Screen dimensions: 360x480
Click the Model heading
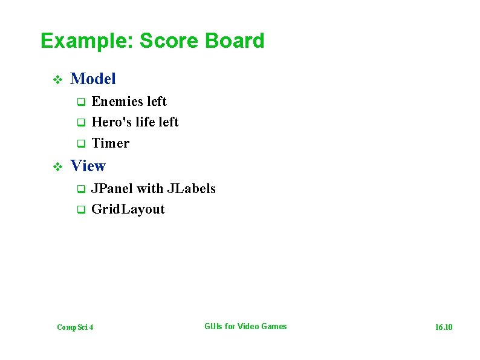coord(93,79)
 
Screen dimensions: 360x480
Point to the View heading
coord(88,166)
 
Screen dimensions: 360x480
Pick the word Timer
coord(110,143)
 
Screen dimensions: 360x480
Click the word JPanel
coord(112,189)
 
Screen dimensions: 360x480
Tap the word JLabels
coord(191,189)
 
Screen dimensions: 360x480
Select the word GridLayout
coord(128,209)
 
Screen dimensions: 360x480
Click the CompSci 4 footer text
coord(75,327)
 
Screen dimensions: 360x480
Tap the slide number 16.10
coord(444,327)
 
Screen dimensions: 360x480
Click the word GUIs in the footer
coord(213,327)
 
